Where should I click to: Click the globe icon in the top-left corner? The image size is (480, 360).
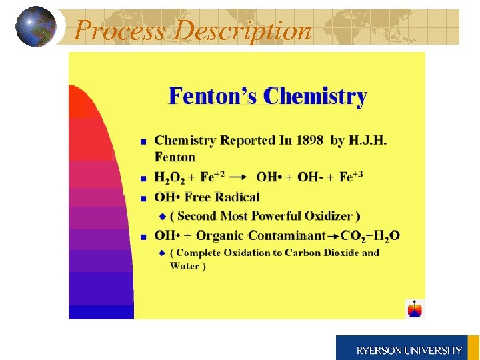pyautogui.click(x=35, y=27)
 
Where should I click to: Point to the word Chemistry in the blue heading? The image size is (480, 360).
pyautogui.click(x=315, y=97)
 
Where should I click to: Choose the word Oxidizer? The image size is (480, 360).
pyautogui.click(x=331, y=216)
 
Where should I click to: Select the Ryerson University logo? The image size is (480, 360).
pyautogui.click(x=407, y=347)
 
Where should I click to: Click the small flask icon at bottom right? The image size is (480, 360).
pyautogui.click(x=415, y=309)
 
